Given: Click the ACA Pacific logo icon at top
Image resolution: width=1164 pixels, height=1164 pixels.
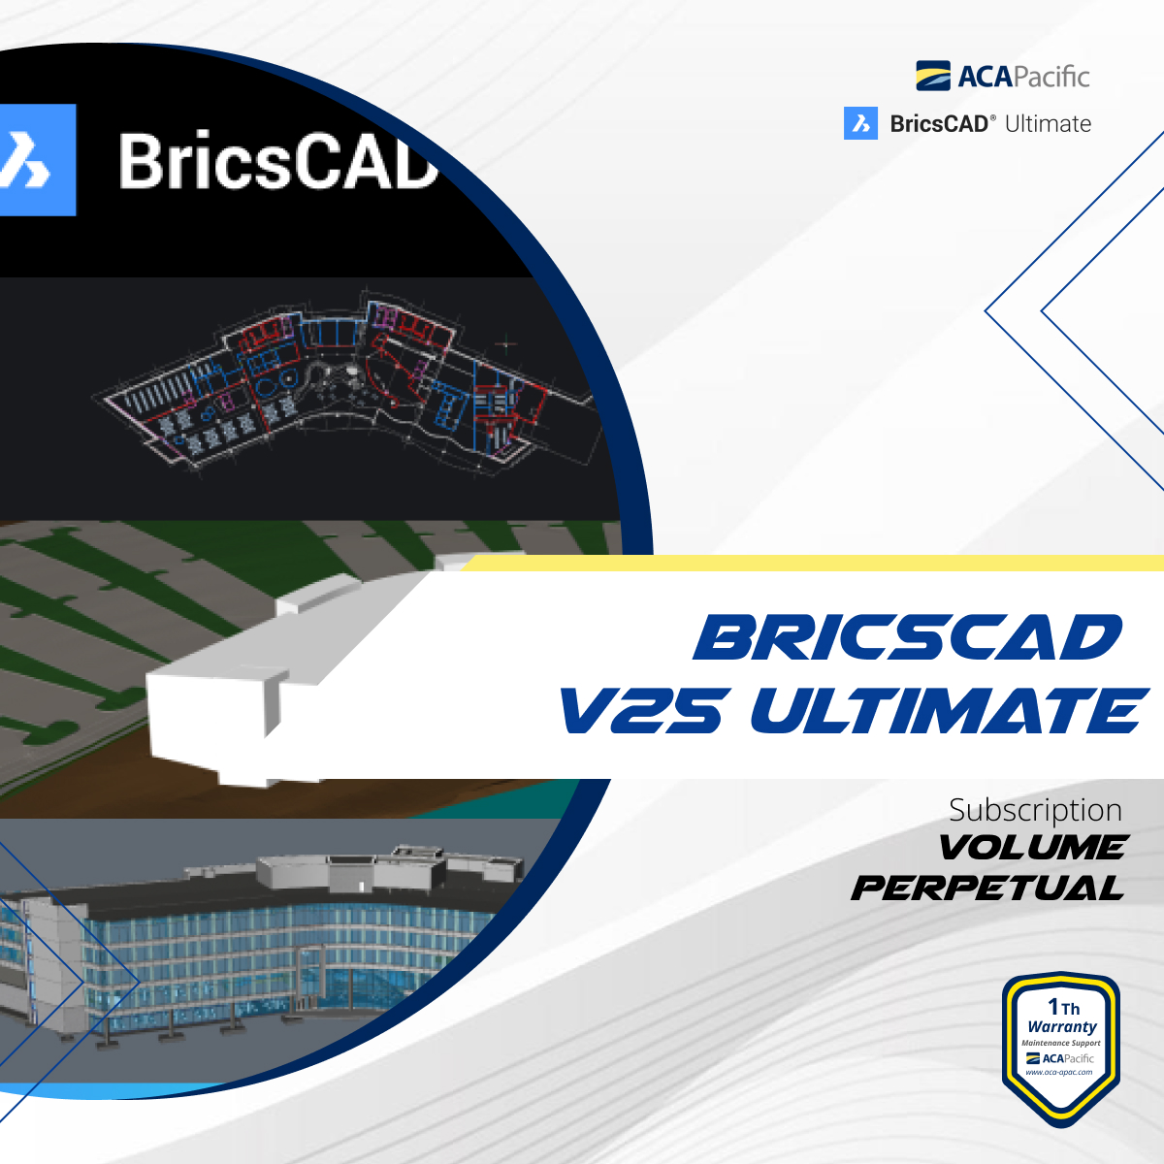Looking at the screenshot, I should point(933,76).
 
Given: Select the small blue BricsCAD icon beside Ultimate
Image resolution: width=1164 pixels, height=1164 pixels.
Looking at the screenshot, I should point(860,123).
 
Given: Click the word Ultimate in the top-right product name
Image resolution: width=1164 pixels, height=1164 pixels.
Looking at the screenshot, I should point(1048,124).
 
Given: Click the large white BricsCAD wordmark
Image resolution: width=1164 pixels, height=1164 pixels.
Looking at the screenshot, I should point(277,162).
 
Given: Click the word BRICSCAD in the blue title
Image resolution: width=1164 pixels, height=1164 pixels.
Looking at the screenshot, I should point(907,638).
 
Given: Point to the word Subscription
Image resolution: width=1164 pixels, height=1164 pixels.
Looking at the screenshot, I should point(1035,810).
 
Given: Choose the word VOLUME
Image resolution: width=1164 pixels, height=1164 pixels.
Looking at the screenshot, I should point(1032,848).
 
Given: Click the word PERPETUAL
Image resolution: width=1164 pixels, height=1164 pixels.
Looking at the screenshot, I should point(987,888).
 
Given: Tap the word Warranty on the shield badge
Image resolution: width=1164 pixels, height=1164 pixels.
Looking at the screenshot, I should point(1062,1026).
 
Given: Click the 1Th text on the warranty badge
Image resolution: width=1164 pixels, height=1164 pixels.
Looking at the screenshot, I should point(1063,1007).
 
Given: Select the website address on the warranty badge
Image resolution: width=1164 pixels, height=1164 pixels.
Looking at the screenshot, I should point(1059,1072).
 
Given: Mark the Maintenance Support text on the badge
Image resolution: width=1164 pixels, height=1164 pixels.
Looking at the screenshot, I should point(1061,1043).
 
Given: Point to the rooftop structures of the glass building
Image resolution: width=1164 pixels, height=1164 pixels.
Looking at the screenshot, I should point(388,868).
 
